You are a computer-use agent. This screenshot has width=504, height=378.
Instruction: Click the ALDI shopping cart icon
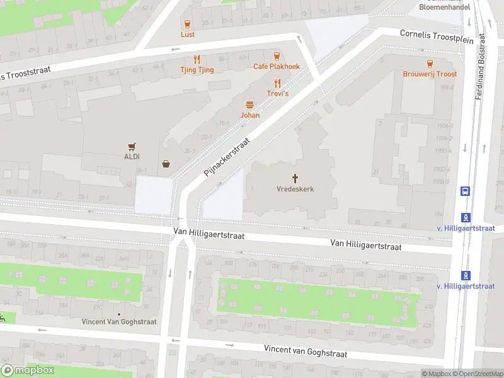click(132, 146)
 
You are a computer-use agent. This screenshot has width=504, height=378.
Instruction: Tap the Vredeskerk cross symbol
click(295, 178)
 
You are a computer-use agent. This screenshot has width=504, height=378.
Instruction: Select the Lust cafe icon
click(187, 24)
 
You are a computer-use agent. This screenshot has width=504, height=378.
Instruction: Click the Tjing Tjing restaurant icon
click(197, 59)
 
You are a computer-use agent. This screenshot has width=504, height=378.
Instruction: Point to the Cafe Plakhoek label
click(277, 66)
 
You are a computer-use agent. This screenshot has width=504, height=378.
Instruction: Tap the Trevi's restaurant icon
click(277, 83)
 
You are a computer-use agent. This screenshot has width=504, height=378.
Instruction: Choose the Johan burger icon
click(250, 105)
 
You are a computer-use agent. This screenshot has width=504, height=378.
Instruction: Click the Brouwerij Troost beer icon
click(430, 64)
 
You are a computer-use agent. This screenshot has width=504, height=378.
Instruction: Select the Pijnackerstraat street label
click(227, 157)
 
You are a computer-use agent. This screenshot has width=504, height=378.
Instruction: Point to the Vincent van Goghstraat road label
click(306, 350)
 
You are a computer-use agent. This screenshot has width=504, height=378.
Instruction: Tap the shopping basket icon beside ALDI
click(166, 164)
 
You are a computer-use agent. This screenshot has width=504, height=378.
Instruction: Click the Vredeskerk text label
click(295, 189)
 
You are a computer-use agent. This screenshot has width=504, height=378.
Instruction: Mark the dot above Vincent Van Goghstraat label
click(119, 313)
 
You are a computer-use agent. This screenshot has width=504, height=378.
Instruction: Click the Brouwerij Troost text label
click(430, 74)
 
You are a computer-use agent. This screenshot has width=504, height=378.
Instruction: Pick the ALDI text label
click(132, 156)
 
